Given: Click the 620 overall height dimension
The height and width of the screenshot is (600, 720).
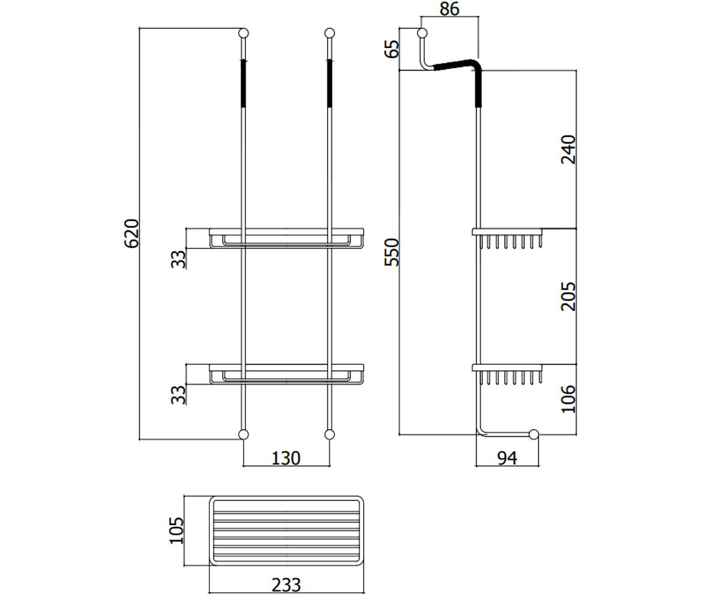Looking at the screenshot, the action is (131, 233).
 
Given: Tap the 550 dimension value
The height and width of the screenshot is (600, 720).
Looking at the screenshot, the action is (391, 252).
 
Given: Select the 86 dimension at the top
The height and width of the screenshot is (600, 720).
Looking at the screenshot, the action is (449, 9).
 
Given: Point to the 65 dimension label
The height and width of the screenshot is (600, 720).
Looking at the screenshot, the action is (391, 49).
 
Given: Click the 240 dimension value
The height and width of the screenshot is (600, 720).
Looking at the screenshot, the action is (568, 149).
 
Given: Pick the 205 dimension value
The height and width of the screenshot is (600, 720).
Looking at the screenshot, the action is (568, 296).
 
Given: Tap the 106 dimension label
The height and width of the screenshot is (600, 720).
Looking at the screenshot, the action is (568, 399).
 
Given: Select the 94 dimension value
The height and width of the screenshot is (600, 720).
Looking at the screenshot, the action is (507, 458).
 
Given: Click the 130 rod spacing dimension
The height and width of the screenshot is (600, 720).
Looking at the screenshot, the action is (286, 458).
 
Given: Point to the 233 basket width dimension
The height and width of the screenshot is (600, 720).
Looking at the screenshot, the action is (286, 585).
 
